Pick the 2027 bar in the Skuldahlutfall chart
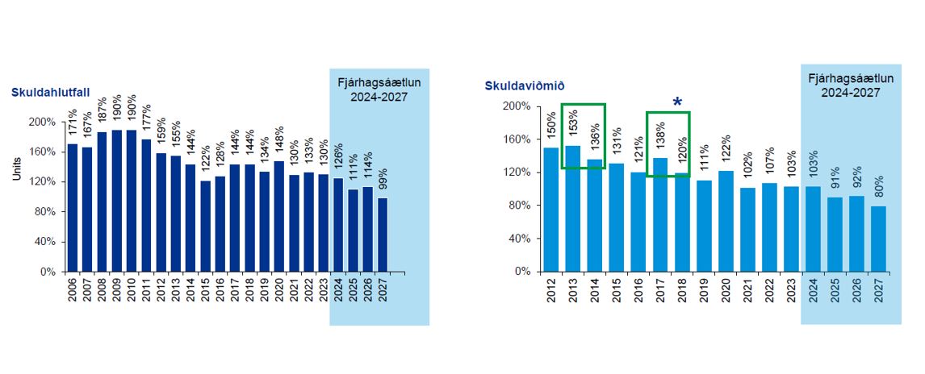pos(383,235)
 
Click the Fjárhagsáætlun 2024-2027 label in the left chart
pos(379,89)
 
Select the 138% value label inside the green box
pos(660,133)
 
